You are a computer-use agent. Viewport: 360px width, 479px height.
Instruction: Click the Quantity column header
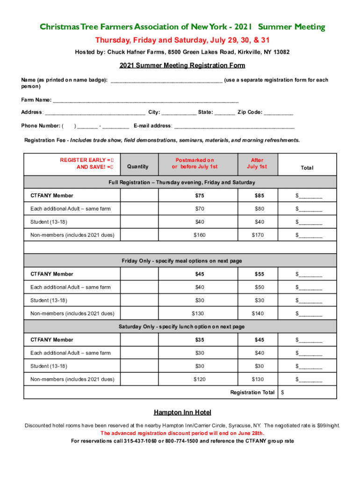(x=137, y=167)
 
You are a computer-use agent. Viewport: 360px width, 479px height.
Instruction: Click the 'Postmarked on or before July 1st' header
(x=194, y=163)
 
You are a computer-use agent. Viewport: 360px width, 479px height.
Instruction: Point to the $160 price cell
(x=199, y=235)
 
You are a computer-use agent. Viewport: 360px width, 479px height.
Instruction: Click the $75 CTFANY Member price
(x=199, y=196)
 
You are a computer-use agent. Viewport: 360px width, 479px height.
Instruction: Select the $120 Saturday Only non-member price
(x=199, y=379)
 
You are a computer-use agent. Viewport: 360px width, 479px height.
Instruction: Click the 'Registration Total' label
(x=252, y=392)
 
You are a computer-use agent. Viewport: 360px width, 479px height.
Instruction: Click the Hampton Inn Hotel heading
(x=182, y=412)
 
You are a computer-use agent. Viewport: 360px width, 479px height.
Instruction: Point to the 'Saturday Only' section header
(x=181, y=327)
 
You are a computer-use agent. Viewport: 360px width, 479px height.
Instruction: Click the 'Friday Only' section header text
(x=182, y=261)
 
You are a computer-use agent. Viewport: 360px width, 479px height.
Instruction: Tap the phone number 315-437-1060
(x=140, y=441)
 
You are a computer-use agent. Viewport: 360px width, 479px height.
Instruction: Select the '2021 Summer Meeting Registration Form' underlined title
(x=182, y=65)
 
